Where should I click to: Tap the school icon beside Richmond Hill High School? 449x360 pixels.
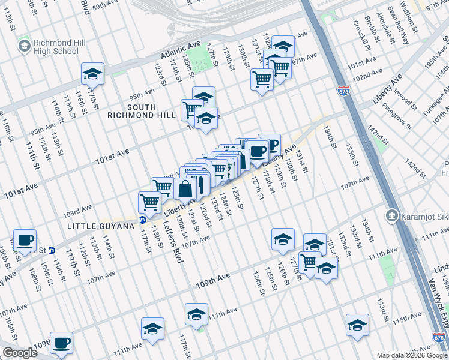(25, 46)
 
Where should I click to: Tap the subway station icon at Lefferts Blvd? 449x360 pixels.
(143, 220)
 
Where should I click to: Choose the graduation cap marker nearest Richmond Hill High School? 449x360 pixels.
(92, 74)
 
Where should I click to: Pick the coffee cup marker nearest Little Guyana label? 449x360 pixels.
(25, 241)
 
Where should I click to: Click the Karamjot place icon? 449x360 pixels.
(393, 214)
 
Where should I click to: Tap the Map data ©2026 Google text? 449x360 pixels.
(411, 355)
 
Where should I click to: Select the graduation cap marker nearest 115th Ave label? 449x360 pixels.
(357, 325)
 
